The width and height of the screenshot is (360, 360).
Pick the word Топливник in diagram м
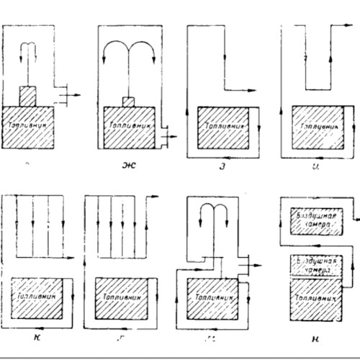coord(212,294)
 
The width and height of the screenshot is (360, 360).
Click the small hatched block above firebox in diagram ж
coord(130,101)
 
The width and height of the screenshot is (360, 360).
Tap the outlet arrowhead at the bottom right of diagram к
coord(73,256)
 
